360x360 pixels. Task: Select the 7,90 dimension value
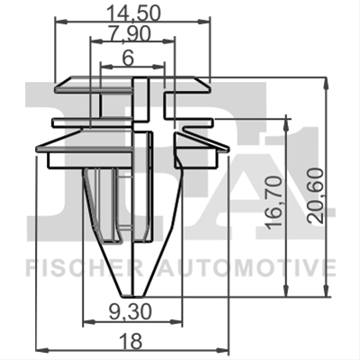pos(130,34)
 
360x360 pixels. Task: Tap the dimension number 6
pos(128,58)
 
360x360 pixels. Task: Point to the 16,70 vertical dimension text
pos(274,203)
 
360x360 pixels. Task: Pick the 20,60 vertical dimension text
pos(316,196)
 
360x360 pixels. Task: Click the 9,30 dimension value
pos(130,312)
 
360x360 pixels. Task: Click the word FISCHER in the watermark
pos(85,268)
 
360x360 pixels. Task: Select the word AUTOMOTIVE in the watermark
pos(247,268)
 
